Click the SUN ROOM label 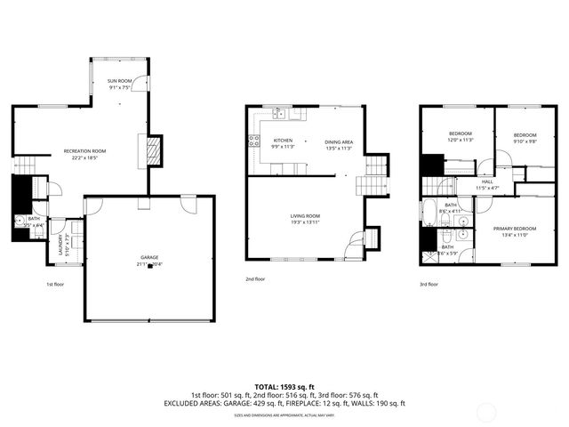point(120,81)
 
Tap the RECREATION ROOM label point(85,151)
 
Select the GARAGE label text point(148,257)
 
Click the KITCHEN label point(283,141)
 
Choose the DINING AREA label point(339,142)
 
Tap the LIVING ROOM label point(305,216)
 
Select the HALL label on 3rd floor point(463,181)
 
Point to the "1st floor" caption point(55,285)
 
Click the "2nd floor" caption point(255,278)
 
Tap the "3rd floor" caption point(429,285)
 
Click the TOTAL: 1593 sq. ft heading point(284,385)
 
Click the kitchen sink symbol point(280,113)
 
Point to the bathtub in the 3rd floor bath point(428,212)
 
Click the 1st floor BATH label point(34,219)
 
